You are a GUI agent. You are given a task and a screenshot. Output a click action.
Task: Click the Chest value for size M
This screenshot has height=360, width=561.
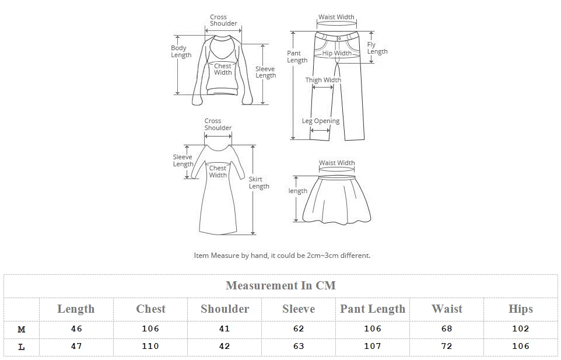(150, 328)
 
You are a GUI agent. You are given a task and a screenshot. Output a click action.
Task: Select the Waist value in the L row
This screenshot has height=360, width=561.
(447, 346)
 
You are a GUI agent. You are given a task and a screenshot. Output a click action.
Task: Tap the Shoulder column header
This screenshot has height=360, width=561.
(225, 309)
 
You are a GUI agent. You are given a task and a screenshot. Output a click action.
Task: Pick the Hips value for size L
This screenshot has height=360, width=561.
(520, 346)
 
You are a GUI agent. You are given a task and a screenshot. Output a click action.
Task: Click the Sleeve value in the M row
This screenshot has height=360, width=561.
(299, 328)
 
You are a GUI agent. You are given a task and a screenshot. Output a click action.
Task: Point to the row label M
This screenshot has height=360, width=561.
(22, 329)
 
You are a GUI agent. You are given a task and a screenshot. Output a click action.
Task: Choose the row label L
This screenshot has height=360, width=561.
(22, 347)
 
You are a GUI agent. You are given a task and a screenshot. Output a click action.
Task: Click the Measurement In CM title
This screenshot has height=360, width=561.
(280, 285)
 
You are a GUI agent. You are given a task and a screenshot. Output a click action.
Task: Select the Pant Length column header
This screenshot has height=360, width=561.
(373, 309)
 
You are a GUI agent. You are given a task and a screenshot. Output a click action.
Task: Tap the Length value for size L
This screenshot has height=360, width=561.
(76, 346)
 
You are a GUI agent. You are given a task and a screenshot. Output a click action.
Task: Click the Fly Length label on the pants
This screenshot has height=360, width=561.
(377, 48)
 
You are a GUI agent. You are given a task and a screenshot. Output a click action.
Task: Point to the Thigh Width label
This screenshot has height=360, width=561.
(323, 80)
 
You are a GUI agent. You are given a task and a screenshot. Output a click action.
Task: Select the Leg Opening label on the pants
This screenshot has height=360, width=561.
(320, 121)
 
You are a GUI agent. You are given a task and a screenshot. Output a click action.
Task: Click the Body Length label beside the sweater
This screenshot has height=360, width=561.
(181, 51)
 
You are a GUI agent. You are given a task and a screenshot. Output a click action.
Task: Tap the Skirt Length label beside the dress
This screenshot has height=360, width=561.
(259, 183)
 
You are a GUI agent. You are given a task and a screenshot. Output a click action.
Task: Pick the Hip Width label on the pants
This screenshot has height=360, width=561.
(337, 53)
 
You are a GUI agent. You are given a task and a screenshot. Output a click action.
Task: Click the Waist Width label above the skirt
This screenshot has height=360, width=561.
(336, 163)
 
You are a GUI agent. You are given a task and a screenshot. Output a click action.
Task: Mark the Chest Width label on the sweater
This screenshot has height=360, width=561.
(223, 69)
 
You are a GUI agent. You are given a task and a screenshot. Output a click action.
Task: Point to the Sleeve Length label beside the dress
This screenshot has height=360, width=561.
(183, 160)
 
